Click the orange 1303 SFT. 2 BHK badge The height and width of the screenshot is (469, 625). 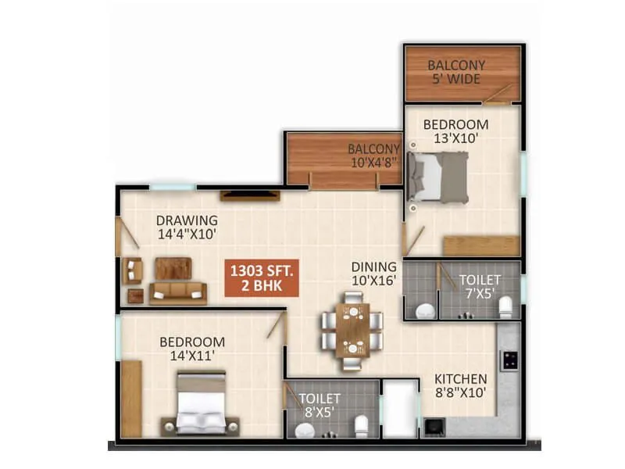(x=262, y=279)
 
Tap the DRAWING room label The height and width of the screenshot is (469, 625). (x=186, y=220)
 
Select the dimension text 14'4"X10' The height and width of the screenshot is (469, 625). (x=186, y=233)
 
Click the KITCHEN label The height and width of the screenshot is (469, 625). (x=460, y=379)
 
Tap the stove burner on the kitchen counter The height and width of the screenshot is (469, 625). (x=510, y=360)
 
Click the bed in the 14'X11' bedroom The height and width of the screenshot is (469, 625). (x=200, y=404)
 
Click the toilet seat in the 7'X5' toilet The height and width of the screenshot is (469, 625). (x=505, y=306)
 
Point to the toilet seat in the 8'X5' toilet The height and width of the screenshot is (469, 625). (x=361, y=426)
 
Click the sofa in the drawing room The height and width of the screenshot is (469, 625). (x=178, y=293)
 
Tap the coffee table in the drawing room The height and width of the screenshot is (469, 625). (x=172, y=268)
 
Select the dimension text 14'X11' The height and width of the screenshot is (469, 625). (x=192, y=356)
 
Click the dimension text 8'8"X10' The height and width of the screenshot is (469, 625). (x=460, y=392)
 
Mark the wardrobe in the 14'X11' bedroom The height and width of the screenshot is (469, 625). (x=131, y=398)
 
